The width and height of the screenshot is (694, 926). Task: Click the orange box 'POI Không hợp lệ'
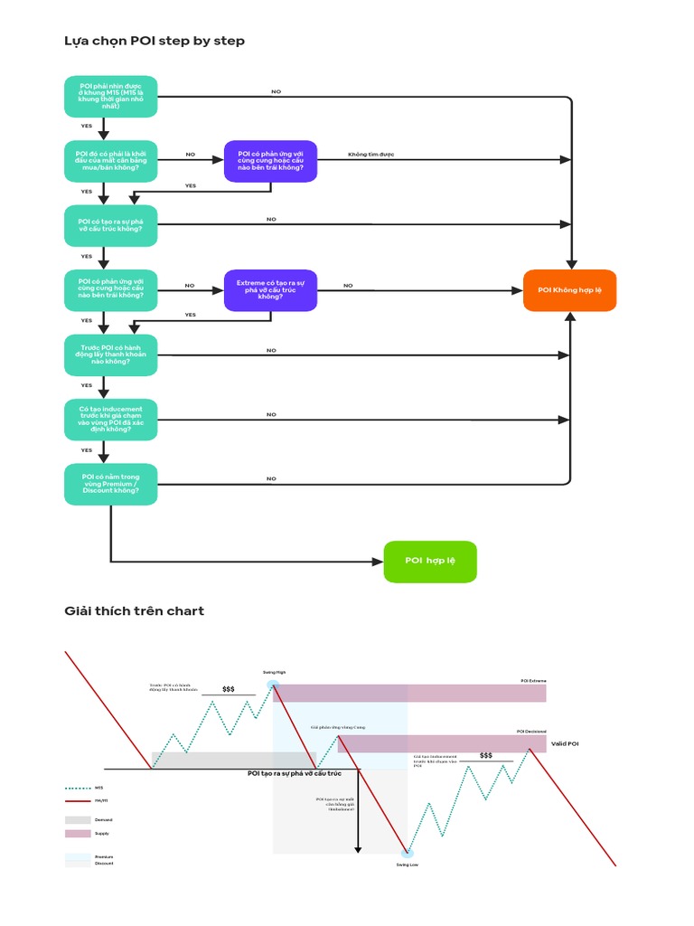click(569, 290)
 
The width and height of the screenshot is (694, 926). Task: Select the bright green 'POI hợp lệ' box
click(430, 562)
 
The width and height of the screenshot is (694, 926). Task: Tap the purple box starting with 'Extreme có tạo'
click(270, 290)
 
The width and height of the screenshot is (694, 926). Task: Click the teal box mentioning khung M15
click(111, 97)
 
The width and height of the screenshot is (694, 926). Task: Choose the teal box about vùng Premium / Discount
click(111, 484)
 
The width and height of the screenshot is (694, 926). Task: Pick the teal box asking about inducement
click(111, 420)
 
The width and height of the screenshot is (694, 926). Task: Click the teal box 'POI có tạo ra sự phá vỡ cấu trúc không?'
click(111, 225)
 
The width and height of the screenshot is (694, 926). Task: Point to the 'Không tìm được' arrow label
click(371, 155)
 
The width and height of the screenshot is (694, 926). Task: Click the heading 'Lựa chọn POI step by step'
click(155, 41)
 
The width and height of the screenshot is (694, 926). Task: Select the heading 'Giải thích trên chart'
click(134, 611)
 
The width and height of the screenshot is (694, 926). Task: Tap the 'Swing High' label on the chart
click(274, 672)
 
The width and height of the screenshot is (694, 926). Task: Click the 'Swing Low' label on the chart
click(407, 865)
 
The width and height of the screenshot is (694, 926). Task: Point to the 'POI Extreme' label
click(533, 680)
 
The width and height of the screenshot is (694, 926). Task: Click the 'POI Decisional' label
click(531, 731)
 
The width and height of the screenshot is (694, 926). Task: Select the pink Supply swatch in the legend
click(78, 833)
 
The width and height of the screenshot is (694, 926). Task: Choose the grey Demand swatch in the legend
click(78, 819)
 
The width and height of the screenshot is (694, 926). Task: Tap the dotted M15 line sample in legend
click(78, 788)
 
